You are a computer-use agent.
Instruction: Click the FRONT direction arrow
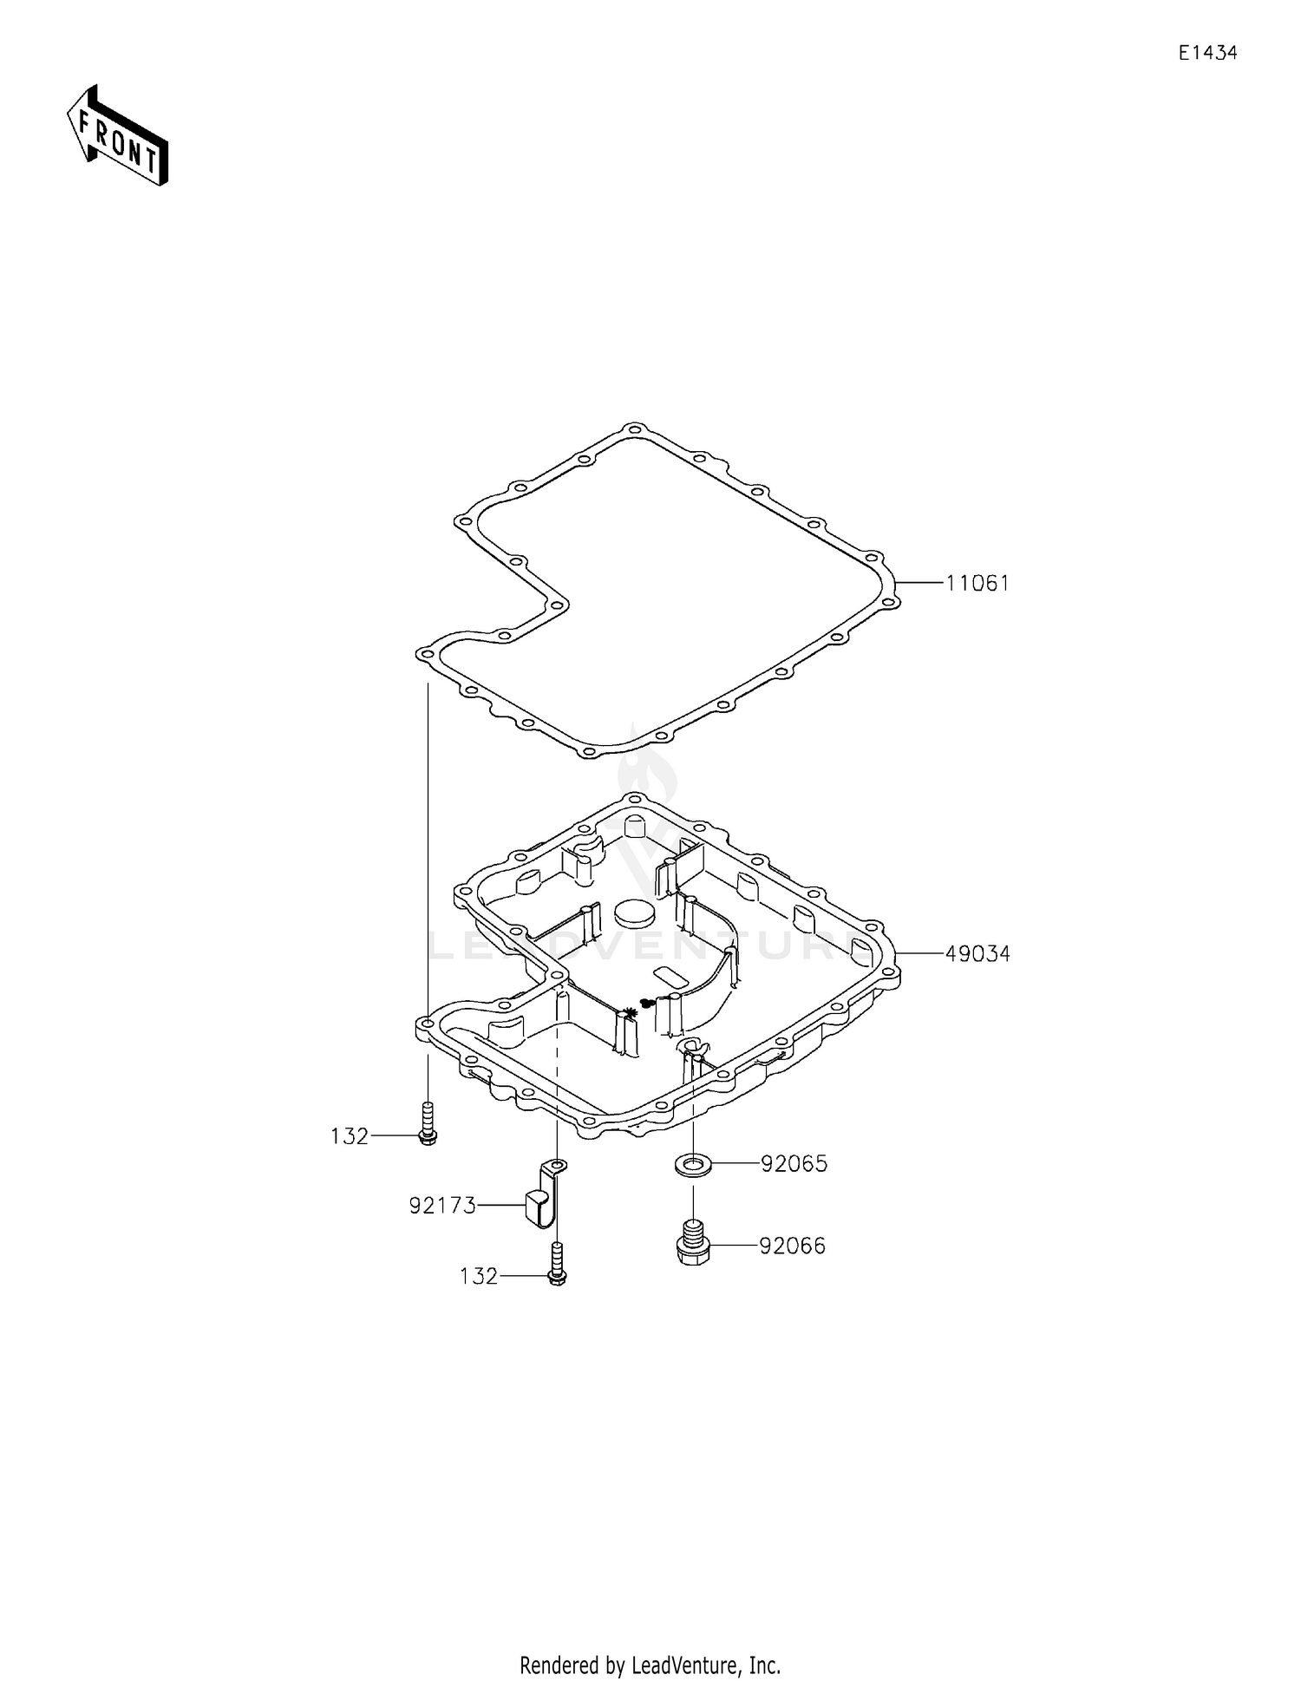117,135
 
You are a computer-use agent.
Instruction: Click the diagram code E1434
1207,53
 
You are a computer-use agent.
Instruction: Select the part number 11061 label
977,584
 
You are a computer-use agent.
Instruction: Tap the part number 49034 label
977,954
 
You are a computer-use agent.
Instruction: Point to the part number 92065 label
794,1164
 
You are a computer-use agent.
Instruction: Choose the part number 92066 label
793,1246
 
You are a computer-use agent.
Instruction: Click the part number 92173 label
442,1206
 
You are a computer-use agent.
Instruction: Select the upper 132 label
350,1136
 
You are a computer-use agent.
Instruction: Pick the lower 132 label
479,1276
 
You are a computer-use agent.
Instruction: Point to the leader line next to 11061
919,583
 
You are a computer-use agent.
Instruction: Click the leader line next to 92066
733,1246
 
